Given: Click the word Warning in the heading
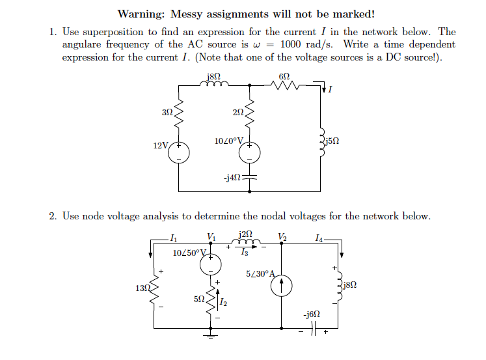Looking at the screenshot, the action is click(x=141, y=14).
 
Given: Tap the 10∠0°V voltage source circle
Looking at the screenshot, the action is click(x=250, y=152).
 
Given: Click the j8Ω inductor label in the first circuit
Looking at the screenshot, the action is click(x=213, y=76).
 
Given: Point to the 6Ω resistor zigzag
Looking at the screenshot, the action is click(x=285, y=85).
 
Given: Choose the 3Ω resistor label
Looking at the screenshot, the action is click(x=167, y=112).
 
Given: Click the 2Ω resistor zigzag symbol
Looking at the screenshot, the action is click(x=250, y=113).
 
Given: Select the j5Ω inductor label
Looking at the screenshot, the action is click(x=332, y=141).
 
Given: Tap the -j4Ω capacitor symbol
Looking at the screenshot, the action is click(x=250, y=177).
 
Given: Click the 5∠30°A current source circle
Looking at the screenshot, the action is click(x=282, y=286).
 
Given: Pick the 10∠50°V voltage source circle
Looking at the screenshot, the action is click(x=210, y=264).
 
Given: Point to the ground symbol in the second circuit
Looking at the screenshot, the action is click(x=210, y=337).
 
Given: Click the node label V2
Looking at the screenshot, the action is click(x=282, y=237).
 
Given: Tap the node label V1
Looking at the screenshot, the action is click(x=211, y=237).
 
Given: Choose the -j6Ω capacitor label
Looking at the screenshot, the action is click(x=312, y=314).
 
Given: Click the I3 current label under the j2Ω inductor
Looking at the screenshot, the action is click(x=245, y=252).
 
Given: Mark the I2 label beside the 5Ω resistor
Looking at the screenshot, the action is click(x=223, y=302).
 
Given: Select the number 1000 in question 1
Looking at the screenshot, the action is click(x=290, y=44).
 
